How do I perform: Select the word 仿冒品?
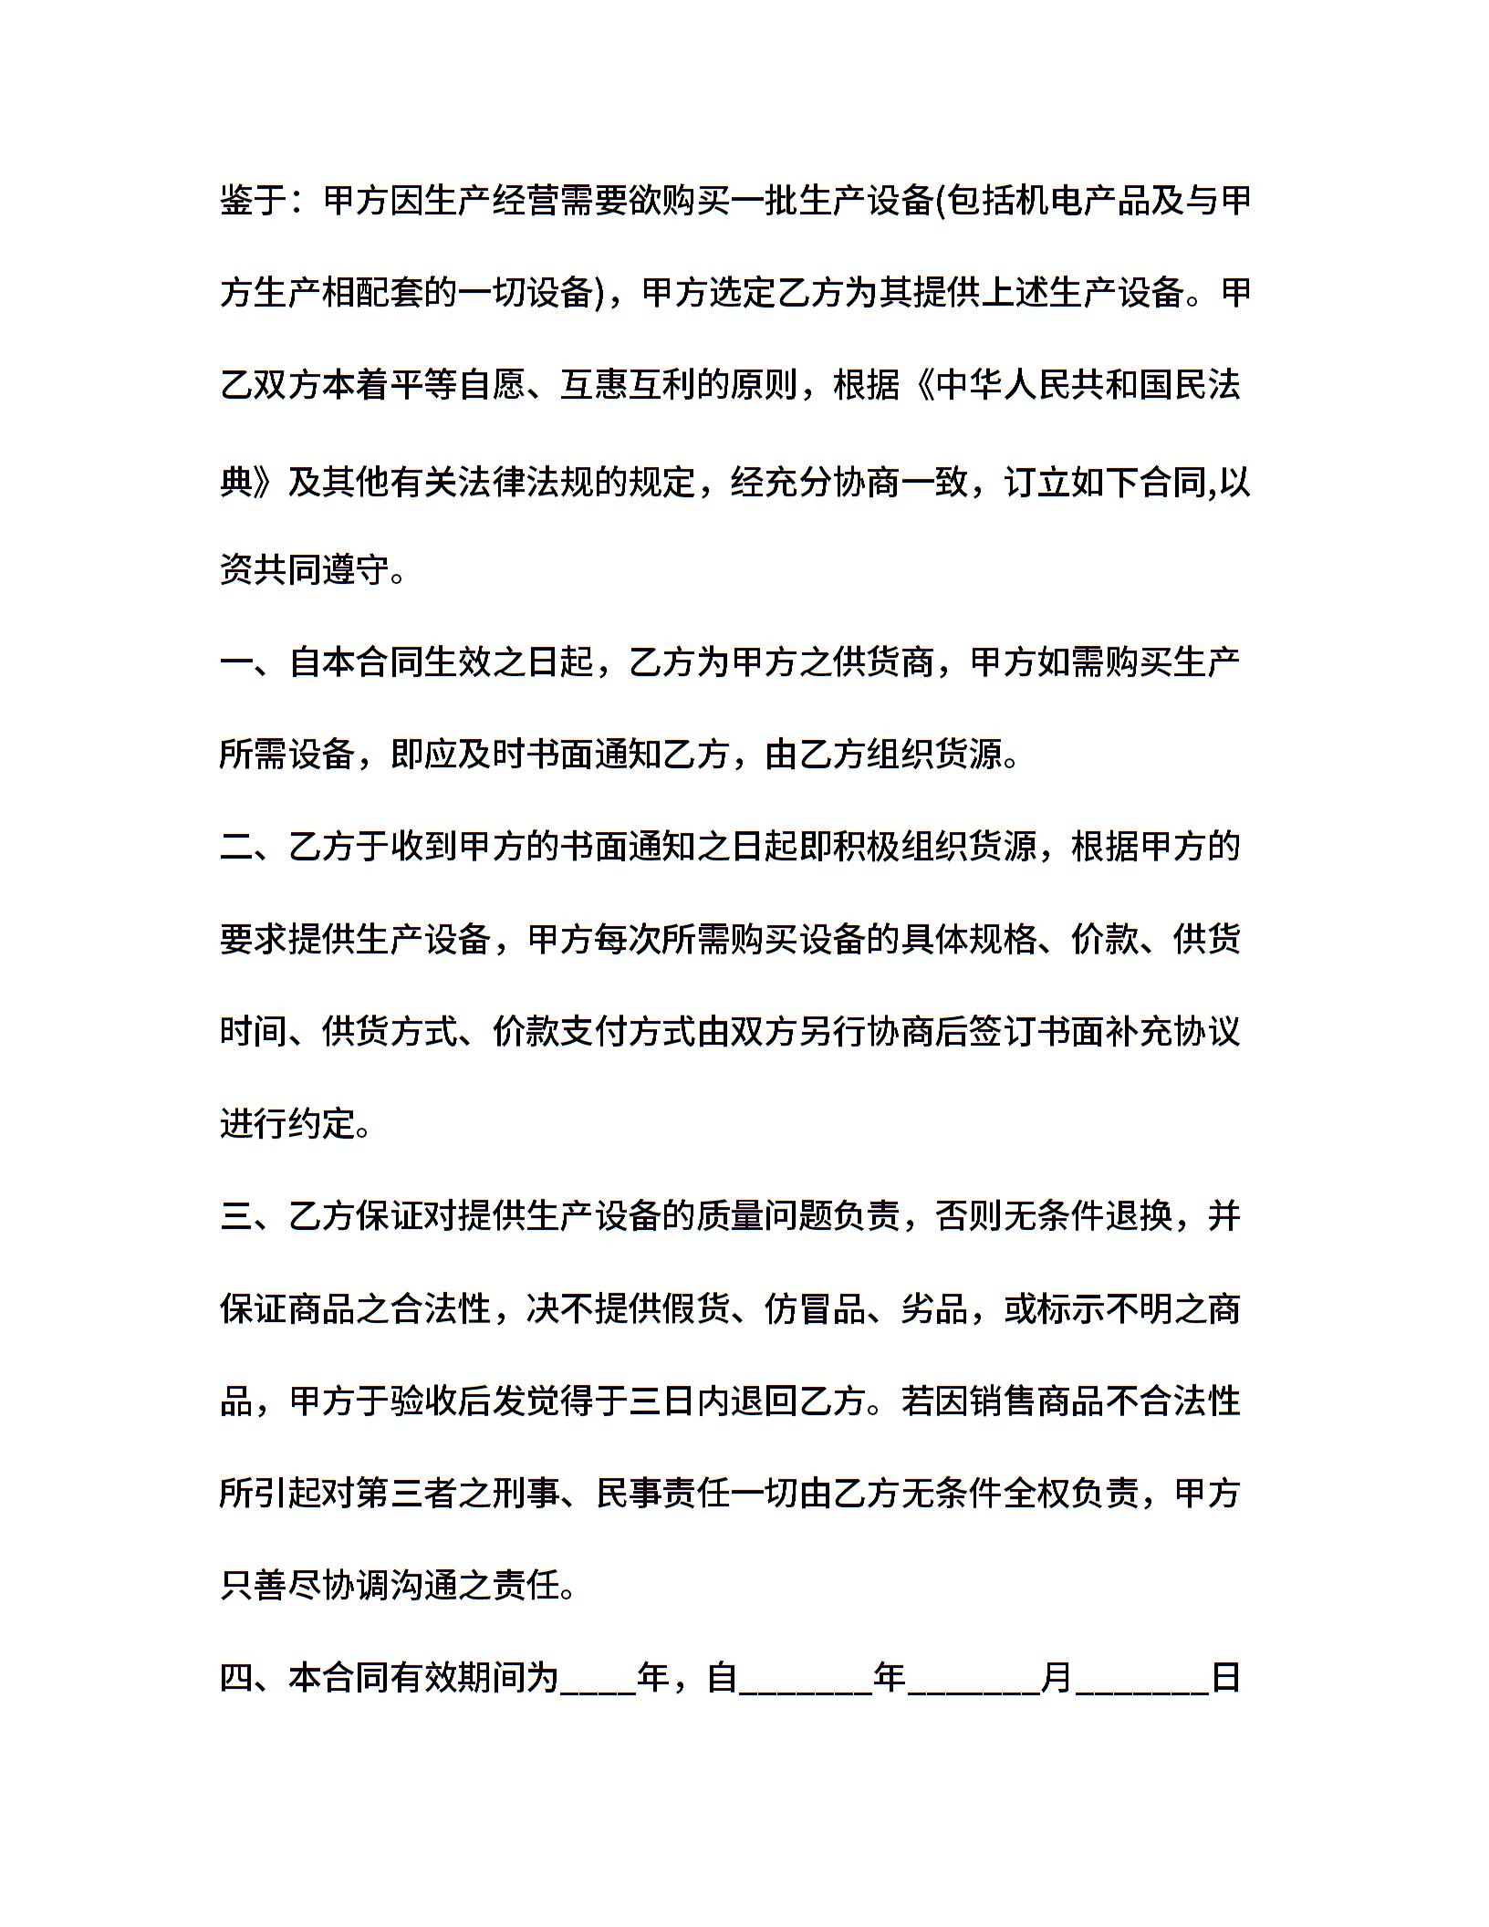click(x=815, y=1309)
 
